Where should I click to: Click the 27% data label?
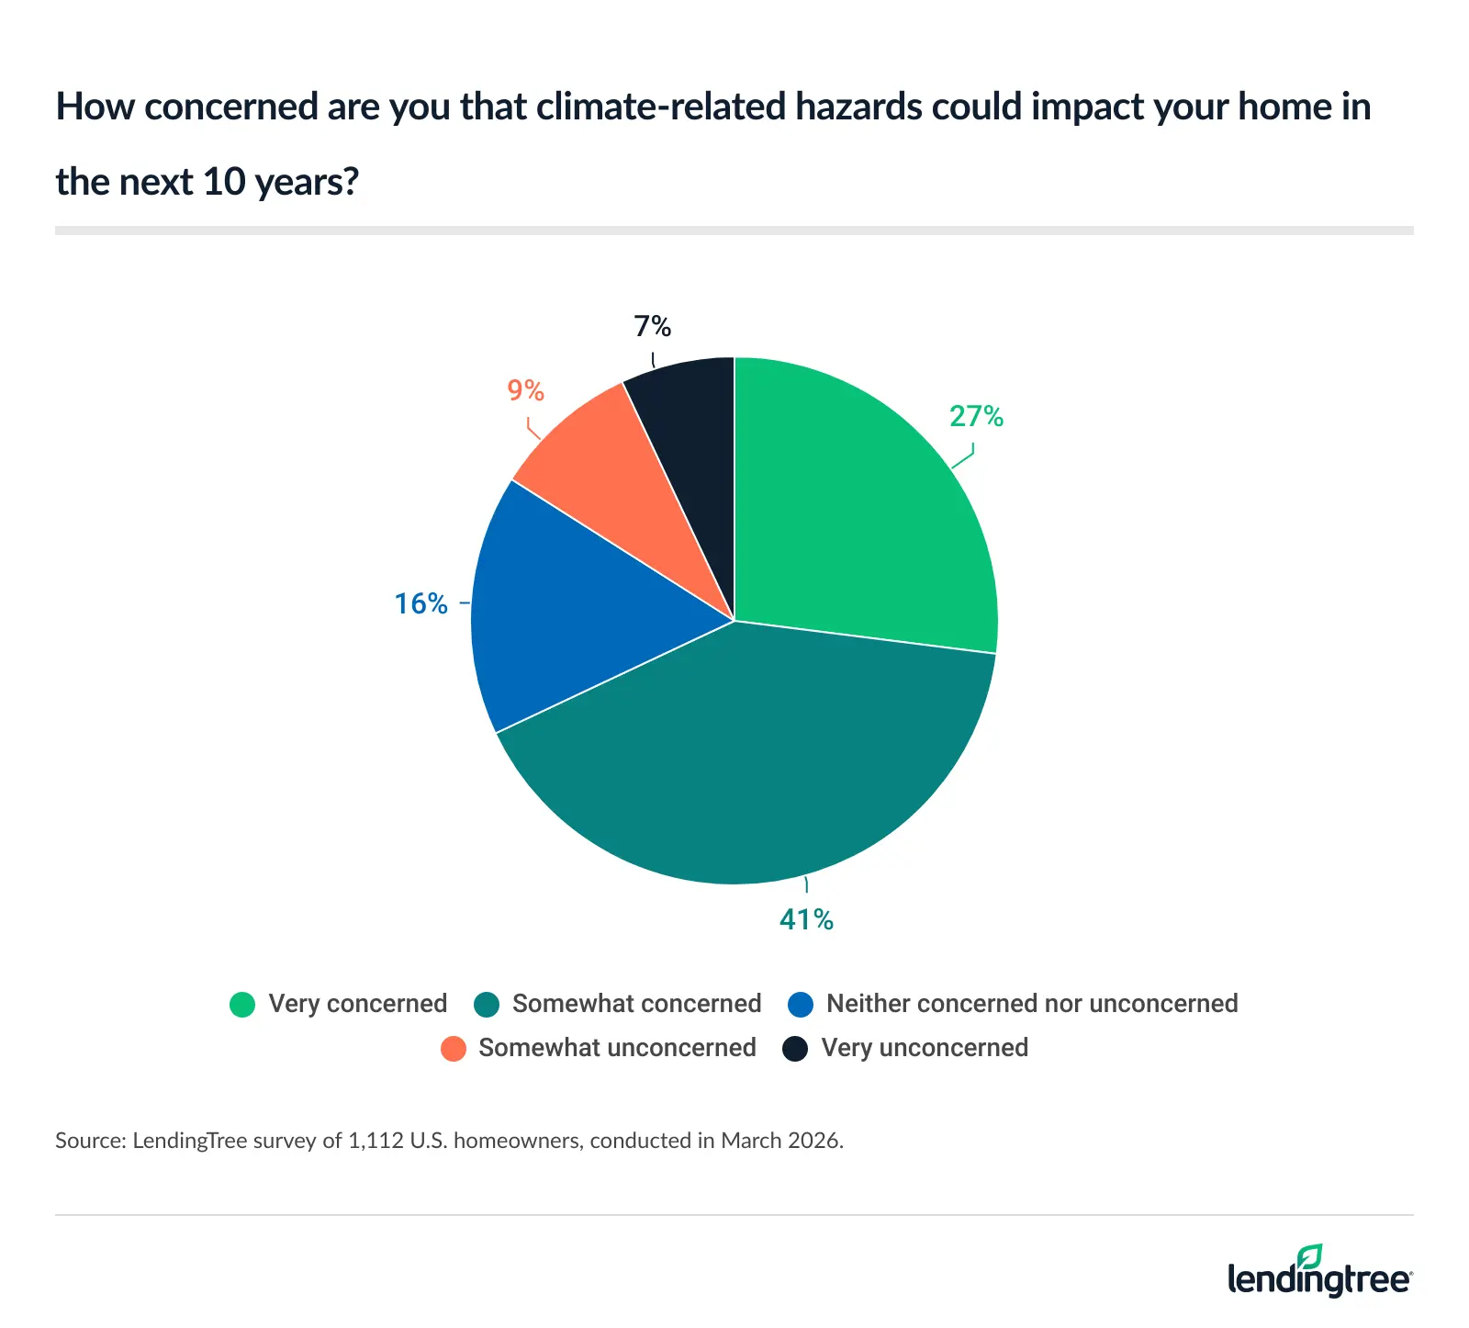tap(976, 417)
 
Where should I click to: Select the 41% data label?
tap(806, 919)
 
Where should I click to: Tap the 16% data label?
tap(421, 603)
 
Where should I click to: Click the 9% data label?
tap(526, 391)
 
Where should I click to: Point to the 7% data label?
tap(653, 326)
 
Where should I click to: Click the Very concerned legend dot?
tap(242, 1004)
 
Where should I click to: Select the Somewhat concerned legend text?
tap(636, 1004)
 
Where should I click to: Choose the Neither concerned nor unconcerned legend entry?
tap(1031, 1004)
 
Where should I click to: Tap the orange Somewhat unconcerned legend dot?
tap(454, 1048)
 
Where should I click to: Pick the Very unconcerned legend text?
tap(925, 1048)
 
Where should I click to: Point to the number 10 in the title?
tap(223, 182)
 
